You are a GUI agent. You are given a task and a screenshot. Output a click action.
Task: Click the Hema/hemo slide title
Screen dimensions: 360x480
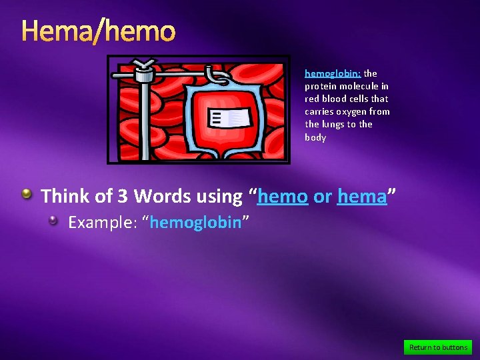99,31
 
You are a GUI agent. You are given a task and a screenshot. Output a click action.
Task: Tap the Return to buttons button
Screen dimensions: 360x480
438,347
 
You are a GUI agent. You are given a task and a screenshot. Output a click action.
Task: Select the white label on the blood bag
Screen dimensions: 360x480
230,119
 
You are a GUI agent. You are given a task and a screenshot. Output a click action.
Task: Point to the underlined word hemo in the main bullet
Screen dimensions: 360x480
283,197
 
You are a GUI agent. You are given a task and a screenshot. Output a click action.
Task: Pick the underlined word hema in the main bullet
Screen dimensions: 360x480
362,197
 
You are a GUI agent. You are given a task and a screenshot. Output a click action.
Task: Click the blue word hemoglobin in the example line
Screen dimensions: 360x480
195,223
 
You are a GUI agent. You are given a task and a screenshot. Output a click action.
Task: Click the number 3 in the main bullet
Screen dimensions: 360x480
123,197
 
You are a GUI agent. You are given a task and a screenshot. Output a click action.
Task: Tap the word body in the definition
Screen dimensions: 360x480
315,137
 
